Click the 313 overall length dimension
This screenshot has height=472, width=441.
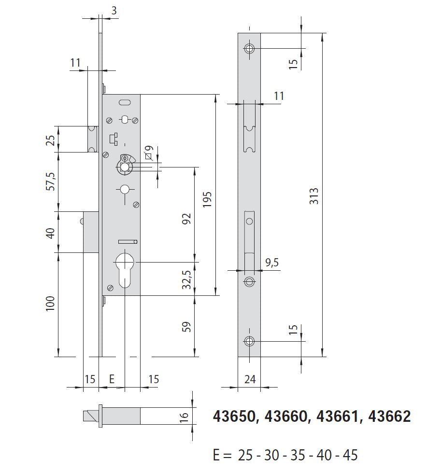click(314, 196)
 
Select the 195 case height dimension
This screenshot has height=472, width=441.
click(207, 199)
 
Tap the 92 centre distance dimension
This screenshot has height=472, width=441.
click(187, 219)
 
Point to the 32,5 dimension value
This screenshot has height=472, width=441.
click(187, 279)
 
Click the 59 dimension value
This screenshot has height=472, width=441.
click(187, 327)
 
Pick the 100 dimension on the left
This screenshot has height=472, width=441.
click(50, 304)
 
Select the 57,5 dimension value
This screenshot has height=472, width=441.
click(50, 181)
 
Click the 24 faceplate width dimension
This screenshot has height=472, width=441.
click(250, 379)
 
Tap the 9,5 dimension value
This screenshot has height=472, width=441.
click(272, 263)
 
